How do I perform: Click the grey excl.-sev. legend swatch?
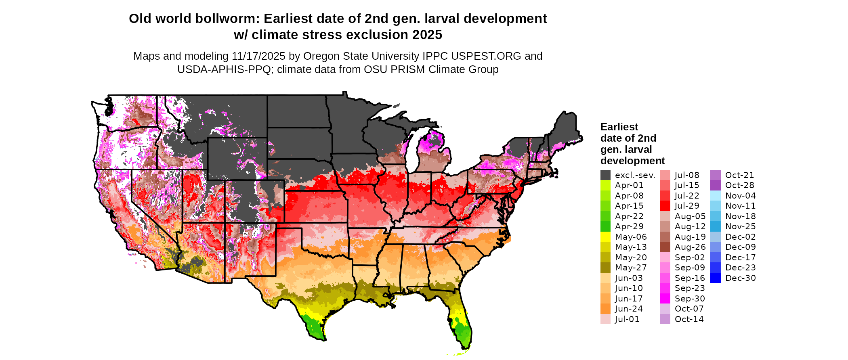click(x=605, y=175)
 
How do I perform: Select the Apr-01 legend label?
click(x=629, y=185)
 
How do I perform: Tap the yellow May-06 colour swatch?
click(x=605, y=237)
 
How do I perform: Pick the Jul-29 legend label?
click(x=687, y=206)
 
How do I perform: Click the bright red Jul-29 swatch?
click(x=665, y=206)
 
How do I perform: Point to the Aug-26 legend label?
click(x=690, y=247)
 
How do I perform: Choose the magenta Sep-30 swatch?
click(x=665, y=299)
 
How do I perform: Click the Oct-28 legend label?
click(x=739, y=185)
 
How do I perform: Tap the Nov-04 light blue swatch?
click(x=716, y=196)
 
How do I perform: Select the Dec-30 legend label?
click(x=740, y=278)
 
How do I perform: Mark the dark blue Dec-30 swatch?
click(x=716, y=278)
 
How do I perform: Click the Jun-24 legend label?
click(x=629, y=309)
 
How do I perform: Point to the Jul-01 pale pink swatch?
click(x=605, y=319)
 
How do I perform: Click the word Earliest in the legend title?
click(x=619, y=127)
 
